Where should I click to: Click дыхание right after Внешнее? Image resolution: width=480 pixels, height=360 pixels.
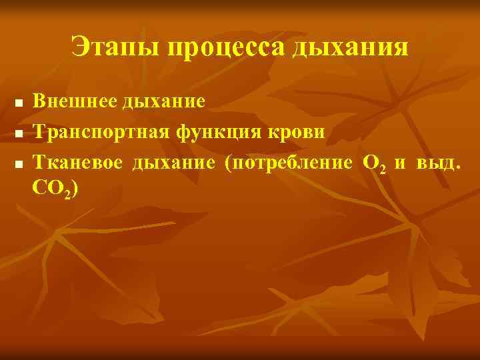pyautogui.click(x=164, y=103)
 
